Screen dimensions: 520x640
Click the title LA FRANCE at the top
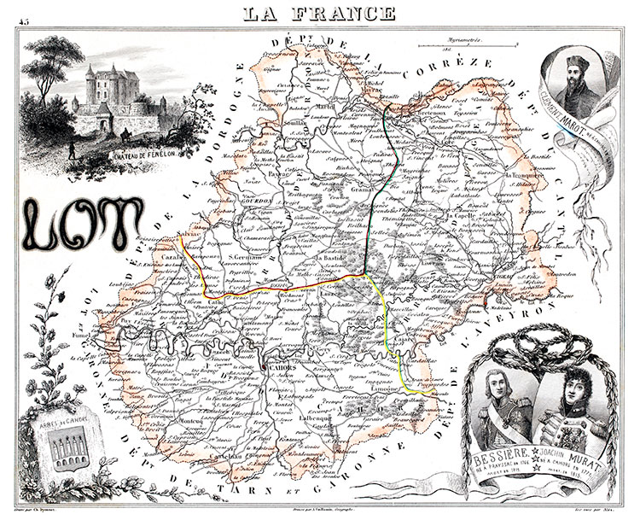(319, 12)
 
